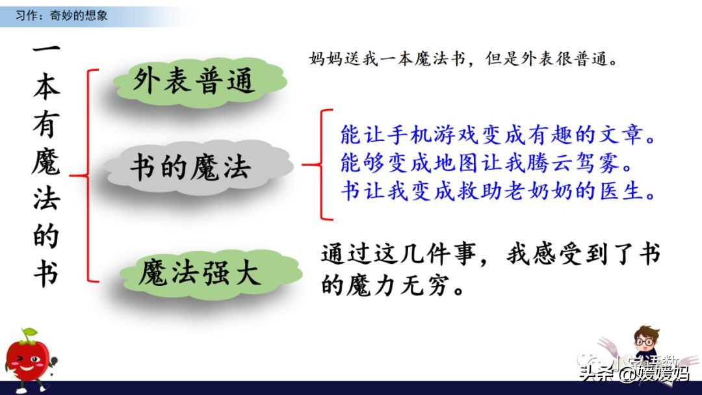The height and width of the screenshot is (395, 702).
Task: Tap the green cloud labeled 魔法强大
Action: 199,273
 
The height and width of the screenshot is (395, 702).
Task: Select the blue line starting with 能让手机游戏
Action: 497,136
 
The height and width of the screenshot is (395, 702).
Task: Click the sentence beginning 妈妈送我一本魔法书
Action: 462,59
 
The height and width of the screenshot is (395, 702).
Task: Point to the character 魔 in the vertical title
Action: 46,163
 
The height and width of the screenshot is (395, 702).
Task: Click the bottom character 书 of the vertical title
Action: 46,274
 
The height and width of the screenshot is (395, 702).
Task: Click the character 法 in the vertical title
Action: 46,199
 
